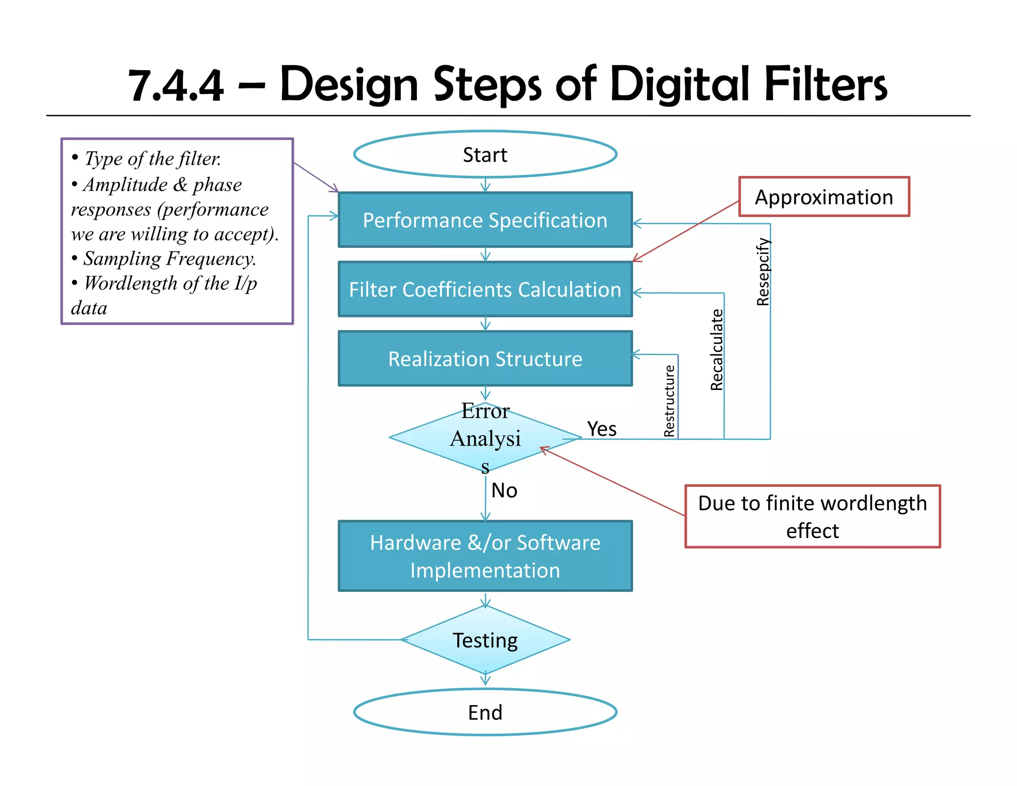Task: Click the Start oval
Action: [485, 155]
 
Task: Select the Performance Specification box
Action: [485, 220]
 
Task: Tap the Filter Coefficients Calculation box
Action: [485, 289]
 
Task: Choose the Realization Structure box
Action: [485, 359]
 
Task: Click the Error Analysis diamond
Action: [485, 438]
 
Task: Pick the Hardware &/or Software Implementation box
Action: [485, 556]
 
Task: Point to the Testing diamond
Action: [485, 640]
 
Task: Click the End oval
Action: [485, 712]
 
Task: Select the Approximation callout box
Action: [824, 197]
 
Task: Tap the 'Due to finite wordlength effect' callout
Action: [812, 517]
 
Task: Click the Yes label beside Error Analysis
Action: [602, 429]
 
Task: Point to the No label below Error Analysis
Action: [504, 490]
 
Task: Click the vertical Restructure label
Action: [669, 400]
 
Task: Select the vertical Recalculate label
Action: [717, 350]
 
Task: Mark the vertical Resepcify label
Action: [763, 272]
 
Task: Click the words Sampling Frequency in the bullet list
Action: [169, 259]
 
